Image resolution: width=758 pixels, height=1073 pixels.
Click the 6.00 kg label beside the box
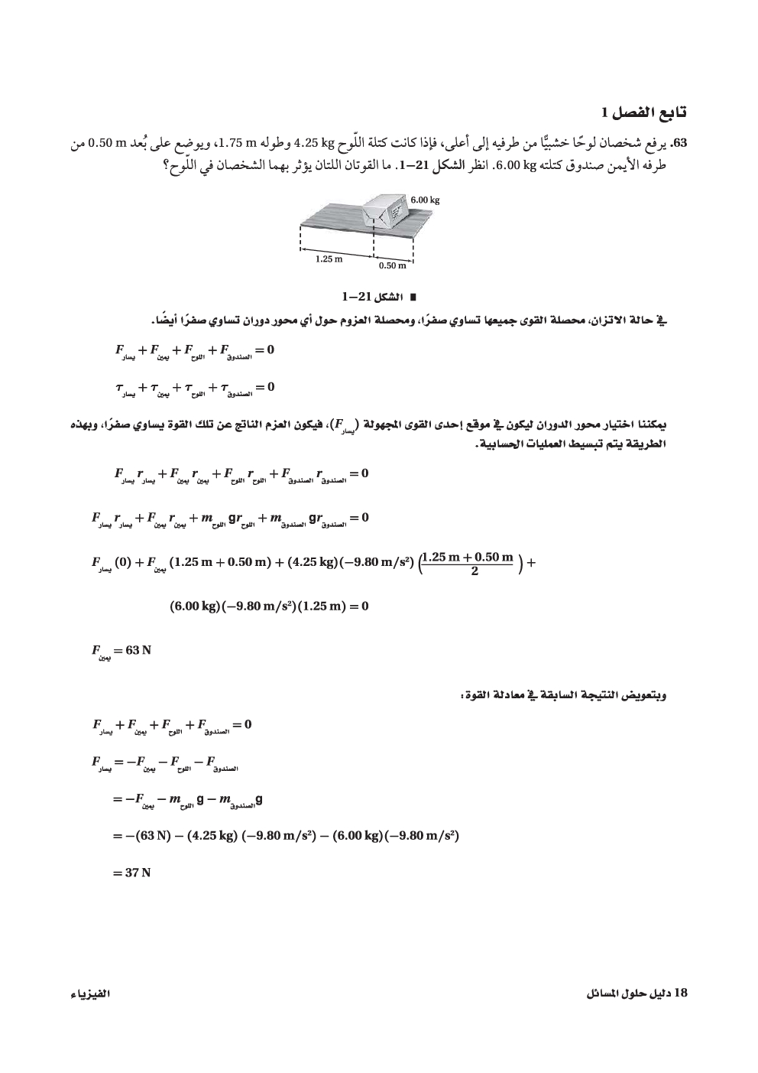(425, 200)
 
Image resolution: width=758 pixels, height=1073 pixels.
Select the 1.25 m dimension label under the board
(329, 259)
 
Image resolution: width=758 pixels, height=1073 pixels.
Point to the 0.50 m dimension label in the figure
(393, 265)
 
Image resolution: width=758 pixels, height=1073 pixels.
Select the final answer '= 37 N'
(131, 872)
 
